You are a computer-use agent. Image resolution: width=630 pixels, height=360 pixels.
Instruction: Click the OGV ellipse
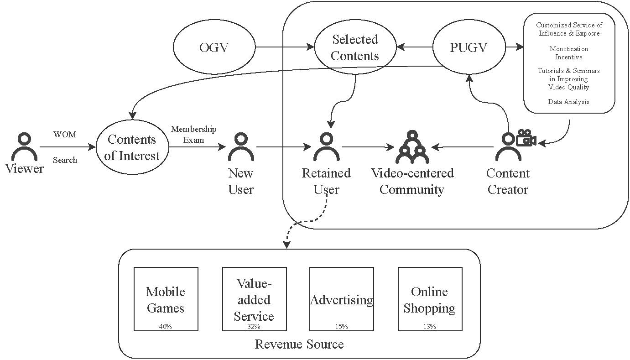tap(214, 47)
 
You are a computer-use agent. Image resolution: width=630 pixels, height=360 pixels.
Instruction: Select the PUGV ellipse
tap(469, 47)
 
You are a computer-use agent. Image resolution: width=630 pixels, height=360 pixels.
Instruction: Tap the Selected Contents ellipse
tap(355, 47)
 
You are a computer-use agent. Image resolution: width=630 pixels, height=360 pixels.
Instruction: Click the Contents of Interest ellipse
tap(132, 147)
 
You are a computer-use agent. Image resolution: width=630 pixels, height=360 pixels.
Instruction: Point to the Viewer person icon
tap(24, 146)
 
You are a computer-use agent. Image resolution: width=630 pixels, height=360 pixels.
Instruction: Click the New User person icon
tap(240, 147)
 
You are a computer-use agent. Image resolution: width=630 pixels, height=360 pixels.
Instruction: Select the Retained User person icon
tap(326, 147)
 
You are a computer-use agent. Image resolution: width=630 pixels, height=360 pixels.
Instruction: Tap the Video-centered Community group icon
tap(412, 147)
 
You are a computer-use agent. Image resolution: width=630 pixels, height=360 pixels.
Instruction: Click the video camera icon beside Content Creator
tap(526, 138)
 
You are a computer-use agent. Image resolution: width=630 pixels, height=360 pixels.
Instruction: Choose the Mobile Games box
tap(166, 299)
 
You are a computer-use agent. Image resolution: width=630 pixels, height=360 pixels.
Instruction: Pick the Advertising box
tap(341, 299)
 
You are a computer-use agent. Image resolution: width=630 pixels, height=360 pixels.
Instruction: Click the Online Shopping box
tap(430, 299)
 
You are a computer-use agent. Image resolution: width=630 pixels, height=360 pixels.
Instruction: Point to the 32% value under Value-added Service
tap(254, 327)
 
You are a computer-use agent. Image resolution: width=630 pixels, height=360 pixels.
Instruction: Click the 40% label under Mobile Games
tap(165, 327)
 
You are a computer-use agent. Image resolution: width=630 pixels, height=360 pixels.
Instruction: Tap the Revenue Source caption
tap(299, 344)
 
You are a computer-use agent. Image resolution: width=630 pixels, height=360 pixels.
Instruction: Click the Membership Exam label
tap(193, 134)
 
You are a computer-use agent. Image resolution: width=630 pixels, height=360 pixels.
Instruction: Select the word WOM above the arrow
tap(65, 135)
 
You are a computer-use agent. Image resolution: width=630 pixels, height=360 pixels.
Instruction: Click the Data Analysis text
tap(568, 102)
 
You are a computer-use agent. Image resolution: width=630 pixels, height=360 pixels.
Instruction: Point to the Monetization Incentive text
tap(568, 53)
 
